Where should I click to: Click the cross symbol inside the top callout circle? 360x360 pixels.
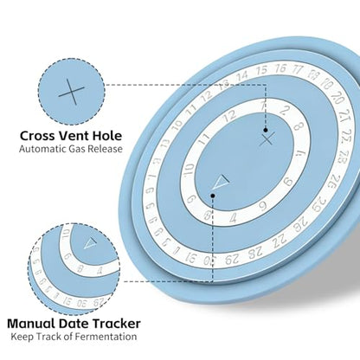click(72, 92)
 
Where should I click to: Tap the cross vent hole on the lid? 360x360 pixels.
click(267, 140)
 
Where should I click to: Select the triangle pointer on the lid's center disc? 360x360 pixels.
click(222, 182)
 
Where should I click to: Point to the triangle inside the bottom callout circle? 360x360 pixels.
click(91, 243)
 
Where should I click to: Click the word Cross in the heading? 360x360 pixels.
click(37, 136)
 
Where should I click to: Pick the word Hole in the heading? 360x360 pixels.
click(107, 136)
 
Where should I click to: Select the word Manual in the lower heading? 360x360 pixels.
click(31, 324)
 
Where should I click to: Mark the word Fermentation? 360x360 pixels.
click(106, 337)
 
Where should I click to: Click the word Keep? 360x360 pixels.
click(22, 337)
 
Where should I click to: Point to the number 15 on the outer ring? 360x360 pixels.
click(261, 70)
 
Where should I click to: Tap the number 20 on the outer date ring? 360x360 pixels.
click(337, 98)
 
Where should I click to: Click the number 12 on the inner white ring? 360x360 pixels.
click(229, 116)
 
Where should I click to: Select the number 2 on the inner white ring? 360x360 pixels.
click(285, 110)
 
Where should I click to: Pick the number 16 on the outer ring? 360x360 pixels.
click(280, 68)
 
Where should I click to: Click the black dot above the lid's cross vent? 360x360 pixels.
click(266, 130)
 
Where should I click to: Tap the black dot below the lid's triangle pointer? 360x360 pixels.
click(213, 196)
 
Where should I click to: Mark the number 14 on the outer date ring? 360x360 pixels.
click(242, 76)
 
